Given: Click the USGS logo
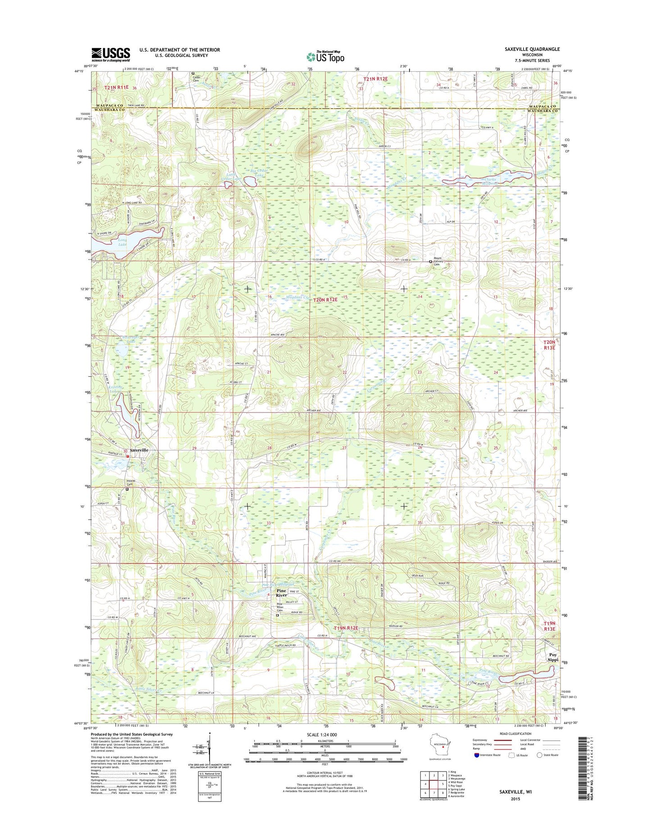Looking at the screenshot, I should [x=111, y=55].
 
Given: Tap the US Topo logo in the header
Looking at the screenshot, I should [x=325, y=56].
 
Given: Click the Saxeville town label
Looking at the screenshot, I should [x=139, y=450].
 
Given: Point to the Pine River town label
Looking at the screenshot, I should [x=282, y=593].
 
